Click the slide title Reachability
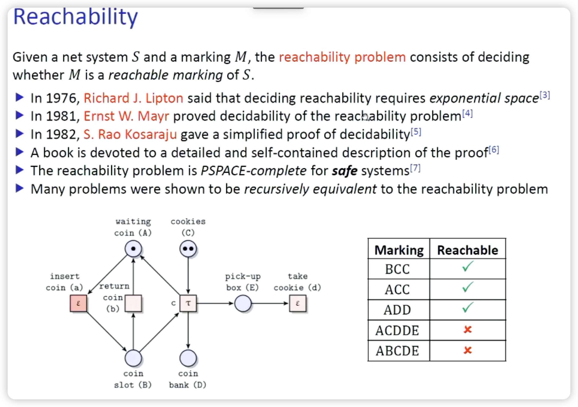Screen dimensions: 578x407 pyautogui.click(x=75, y=17)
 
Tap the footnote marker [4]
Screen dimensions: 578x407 pyautogui.click(x=467, y=114)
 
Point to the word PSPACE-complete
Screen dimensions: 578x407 pyautogui.click(x=253, y=171)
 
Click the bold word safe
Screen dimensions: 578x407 pyautogui.click(x=344, y=171)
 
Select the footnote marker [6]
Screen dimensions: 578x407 pyautogui.click(x=494, y=150)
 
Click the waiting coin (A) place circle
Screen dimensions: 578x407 pyautogui.click(x=133, y=249)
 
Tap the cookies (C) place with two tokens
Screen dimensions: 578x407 pyautogui.click(x=188, y=249)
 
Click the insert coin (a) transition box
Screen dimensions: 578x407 pyautogui.click(x=78, y=303)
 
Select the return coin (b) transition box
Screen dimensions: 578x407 pyautogui.click(x=133, y=303)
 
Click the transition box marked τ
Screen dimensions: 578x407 pyautogui.click(x=188, y=303)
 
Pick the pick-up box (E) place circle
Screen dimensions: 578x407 pyautogui.click(x=243, y=303)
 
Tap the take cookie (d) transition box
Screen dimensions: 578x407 pyautogui.click(x=298, y=303)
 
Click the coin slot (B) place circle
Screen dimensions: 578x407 pyautogui.click(x=133, y=358)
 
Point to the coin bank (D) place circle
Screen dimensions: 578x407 pyautogui.click(x=188, y=358)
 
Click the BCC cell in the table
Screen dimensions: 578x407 pyautogui.click(x=398, y=269)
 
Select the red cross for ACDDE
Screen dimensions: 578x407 pyautogui.click(x=467, y=330)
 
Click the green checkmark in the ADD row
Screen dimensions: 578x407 pyautogui.click(x=467, y=308)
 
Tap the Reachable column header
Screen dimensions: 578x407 pyautogui.click(x=467, y=250)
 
